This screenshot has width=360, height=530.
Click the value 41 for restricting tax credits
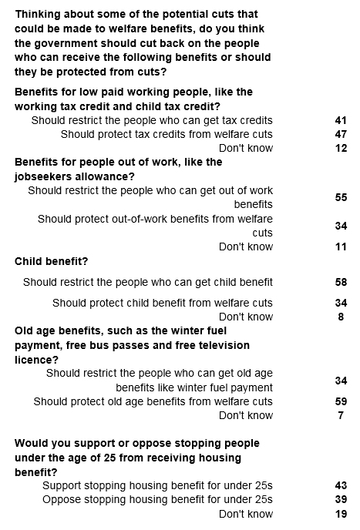tap(341, 120)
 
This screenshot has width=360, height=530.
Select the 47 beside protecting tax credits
tap(341, 134)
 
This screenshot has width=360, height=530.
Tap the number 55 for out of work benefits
tap(341, 197)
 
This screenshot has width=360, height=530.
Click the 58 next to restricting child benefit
tap(341, 282)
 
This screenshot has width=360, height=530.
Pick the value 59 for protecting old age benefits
tap(341, 401)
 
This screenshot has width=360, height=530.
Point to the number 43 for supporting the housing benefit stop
tap(341, 485)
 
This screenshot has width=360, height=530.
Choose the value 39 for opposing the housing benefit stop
tap(341, 499)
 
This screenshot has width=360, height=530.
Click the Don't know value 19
tap(341, 514)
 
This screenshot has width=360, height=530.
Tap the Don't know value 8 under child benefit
tap(341, 317)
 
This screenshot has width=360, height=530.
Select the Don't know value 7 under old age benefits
tap(341, 415)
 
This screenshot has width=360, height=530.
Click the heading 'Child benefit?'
tap(51, 261)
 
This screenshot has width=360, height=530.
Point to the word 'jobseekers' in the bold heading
tap(45, 176)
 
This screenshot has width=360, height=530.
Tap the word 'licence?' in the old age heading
tap(36, 360)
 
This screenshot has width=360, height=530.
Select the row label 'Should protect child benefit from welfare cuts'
tap(163, 303)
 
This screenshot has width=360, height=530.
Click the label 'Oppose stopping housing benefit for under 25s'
tap(157, 499)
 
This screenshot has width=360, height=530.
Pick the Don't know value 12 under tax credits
tap(341, 148)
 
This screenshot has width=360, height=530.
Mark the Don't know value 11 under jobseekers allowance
tap(341, 247)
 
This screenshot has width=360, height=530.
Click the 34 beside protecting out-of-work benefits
tap(341, 226)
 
